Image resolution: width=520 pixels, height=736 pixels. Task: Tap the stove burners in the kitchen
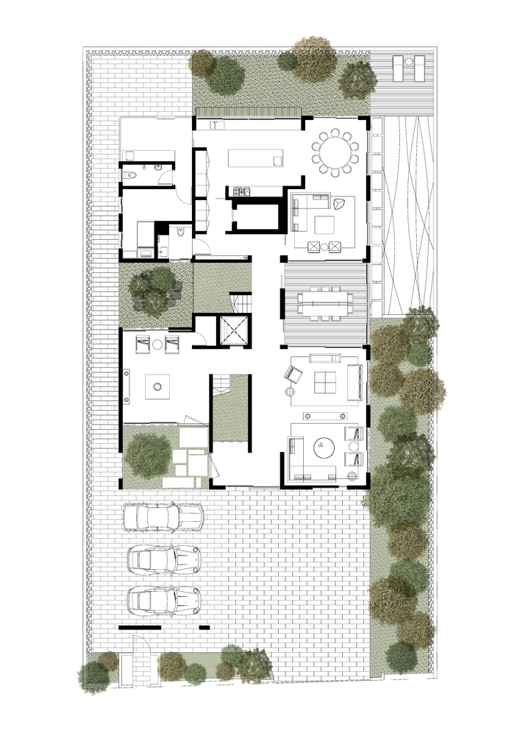point(242,193)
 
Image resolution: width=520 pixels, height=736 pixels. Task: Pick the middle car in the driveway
point(163,559)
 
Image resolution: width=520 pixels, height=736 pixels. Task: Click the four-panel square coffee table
point(323,383)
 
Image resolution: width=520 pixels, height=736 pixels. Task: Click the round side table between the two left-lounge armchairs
point(158,342)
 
